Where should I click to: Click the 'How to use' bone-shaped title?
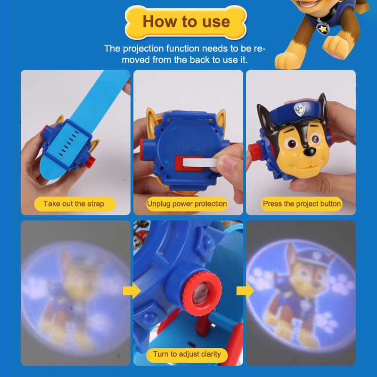pyautogui.click(x=186, y=22)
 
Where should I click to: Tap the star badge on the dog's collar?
pyautogui.click(x=322, y=29)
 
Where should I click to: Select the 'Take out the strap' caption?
pyautogui.click(x=74, y=204)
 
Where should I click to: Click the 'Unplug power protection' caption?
pyautogui.click(x=187, y=204)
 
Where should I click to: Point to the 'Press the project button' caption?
pyautogui.click(x=302, y=204)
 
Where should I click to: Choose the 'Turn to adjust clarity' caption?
pyautogui.click(x=187, y=354)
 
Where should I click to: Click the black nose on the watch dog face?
pyautogui.click(x=309, y=151)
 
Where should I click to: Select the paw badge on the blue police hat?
pyautogui.click(x=299, y=109)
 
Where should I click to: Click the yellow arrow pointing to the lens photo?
pyautogui.click(x=131, y=291)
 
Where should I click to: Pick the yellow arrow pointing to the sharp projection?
pyautogui.click(x=245, y=291)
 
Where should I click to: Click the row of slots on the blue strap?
pyautogui.click(x=68, y=143)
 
